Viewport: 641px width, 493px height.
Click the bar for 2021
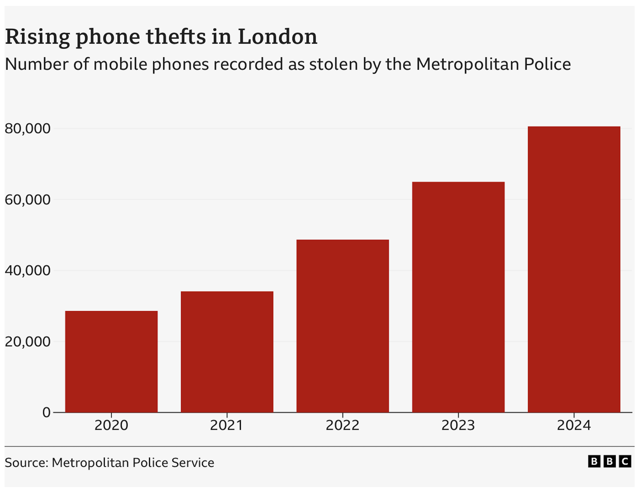(227, 352)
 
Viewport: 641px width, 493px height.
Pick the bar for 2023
(458, 297)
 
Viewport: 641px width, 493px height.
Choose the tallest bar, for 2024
(574, 269)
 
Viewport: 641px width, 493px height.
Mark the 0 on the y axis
(46, 413)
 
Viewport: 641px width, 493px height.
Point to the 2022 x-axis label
(343, 425)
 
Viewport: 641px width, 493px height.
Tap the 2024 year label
(574, 425)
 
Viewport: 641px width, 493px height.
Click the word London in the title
(277, 37)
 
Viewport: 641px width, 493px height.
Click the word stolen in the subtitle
(334, 64)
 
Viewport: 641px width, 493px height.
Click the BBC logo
(610, 462)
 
